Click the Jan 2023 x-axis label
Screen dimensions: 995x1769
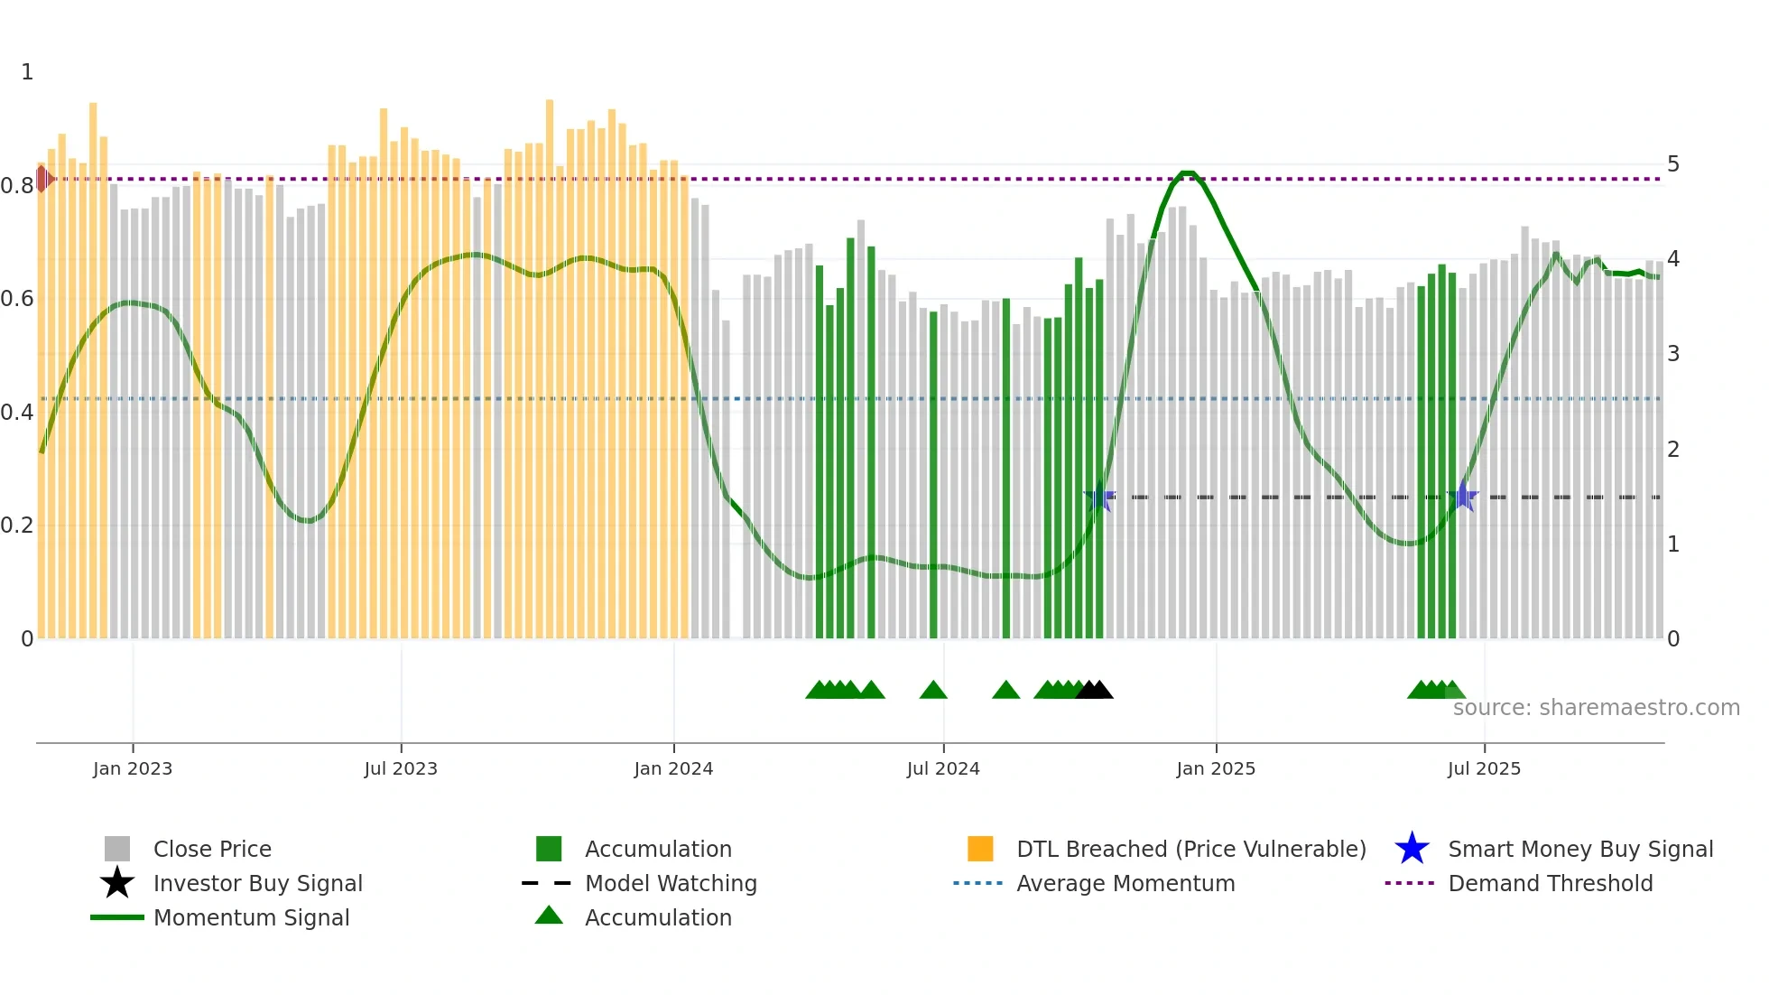click(132, 768)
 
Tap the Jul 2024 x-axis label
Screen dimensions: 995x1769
click(943, 768)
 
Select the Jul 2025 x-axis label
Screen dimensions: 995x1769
click(1484, 768)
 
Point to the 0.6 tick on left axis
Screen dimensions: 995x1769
click(17, 299)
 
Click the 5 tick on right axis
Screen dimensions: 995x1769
click(1672, 164)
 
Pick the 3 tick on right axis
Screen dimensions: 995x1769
click(1672, 354)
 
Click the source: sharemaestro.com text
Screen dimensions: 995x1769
click(1596, 708)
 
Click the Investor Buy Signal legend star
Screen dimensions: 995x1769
click(117, 883)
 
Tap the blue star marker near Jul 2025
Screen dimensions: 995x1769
click(1463, 497)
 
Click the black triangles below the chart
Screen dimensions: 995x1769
click(1095, 690)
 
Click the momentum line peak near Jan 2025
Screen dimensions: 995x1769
click(1188, 173)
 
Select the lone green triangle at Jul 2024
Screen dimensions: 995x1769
click(933, 690)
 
